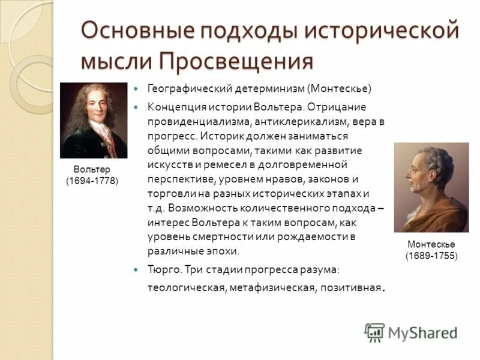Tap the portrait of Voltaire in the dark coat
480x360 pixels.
94,120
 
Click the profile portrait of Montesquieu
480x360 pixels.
431,187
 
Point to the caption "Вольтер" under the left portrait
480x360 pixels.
92,170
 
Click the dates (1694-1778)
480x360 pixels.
92,181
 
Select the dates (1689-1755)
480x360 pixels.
431,256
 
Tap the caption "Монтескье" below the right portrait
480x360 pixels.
431,245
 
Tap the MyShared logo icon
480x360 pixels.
375,332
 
